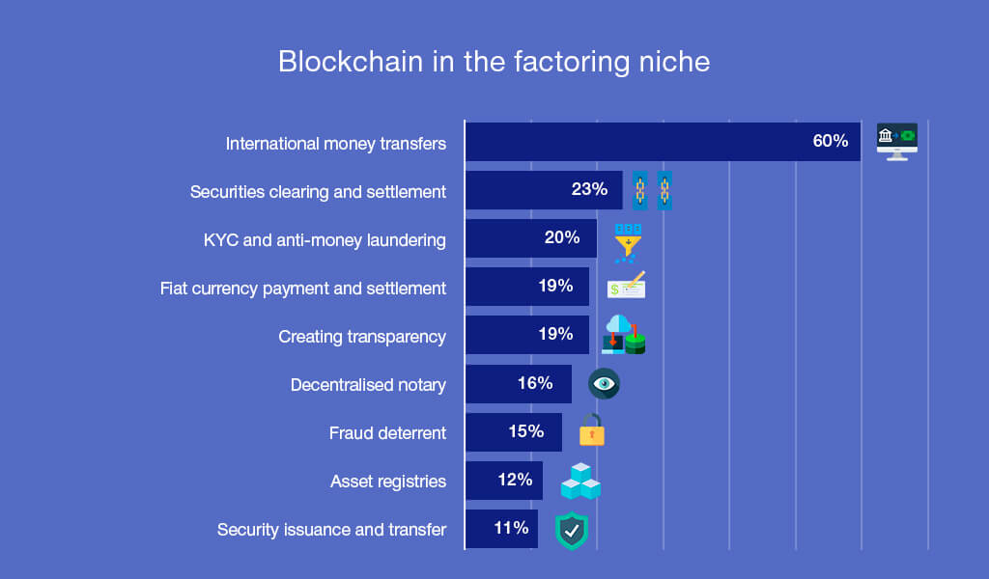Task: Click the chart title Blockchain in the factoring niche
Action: [494, 62]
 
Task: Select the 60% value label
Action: [830, 141]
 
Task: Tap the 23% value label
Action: [589, 189]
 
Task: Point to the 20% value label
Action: [562, 237]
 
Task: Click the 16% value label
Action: [535, 383]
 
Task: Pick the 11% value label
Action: [511, 528]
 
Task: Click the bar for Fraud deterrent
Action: [514, 432]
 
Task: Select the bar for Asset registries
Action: [504, 481]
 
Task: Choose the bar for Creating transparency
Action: [527, 335]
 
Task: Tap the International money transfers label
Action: [335, 144]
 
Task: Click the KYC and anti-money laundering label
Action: [325, 240]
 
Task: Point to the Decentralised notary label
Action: [368, 385]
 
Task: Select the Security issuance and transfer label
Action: [331, 530]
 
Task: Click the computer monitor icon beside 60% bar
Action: [897, 142]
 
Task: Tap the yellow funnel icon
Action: [628, 242]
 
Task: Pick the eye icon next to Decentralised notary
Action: [604, 384]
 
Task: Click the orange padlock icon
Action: [592, 429]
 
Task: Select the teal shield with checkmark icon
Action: [572, 531]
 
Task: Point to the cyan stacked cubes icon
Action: [580, 482]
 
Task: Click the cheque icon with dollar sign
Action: [626, 286]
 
